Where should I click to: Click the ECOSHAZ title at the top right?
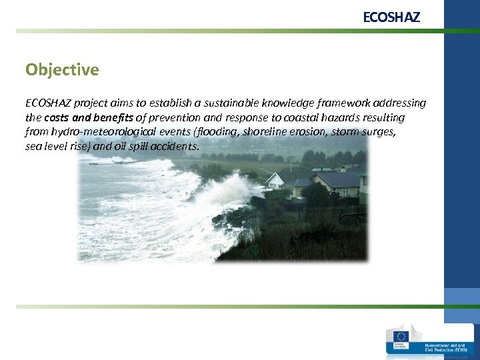tap(391, 17)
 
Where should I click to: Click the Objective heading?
tap(62, 69)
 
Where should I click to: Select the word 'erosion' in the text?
tap(309, 131)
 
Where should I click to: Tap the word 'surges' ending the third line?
tap(379, 131)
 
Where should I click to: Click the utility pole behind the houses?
tap(291, 163)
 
